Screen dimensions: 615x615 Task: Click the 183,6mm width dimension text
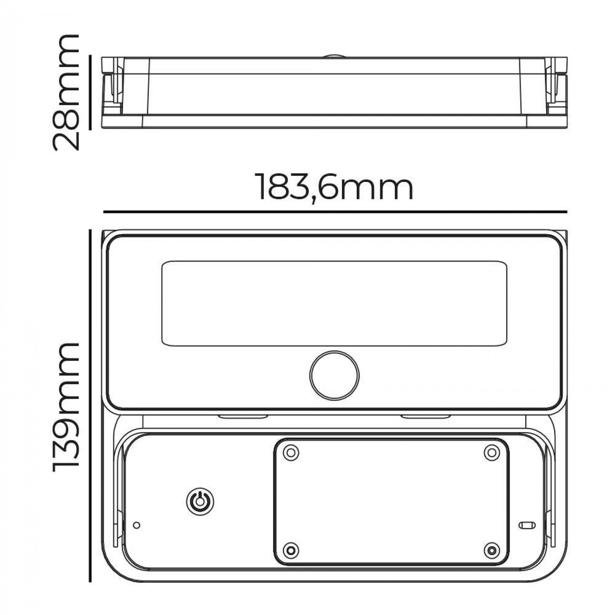[x=335, y=187]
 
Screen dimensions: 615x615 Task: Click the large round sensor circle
[x=334, y=375]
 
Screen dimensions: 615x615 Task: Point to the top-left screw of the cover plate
[x=291, y=453]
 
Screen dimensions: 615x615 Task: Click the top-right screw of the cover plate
[x=492, y=453]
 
